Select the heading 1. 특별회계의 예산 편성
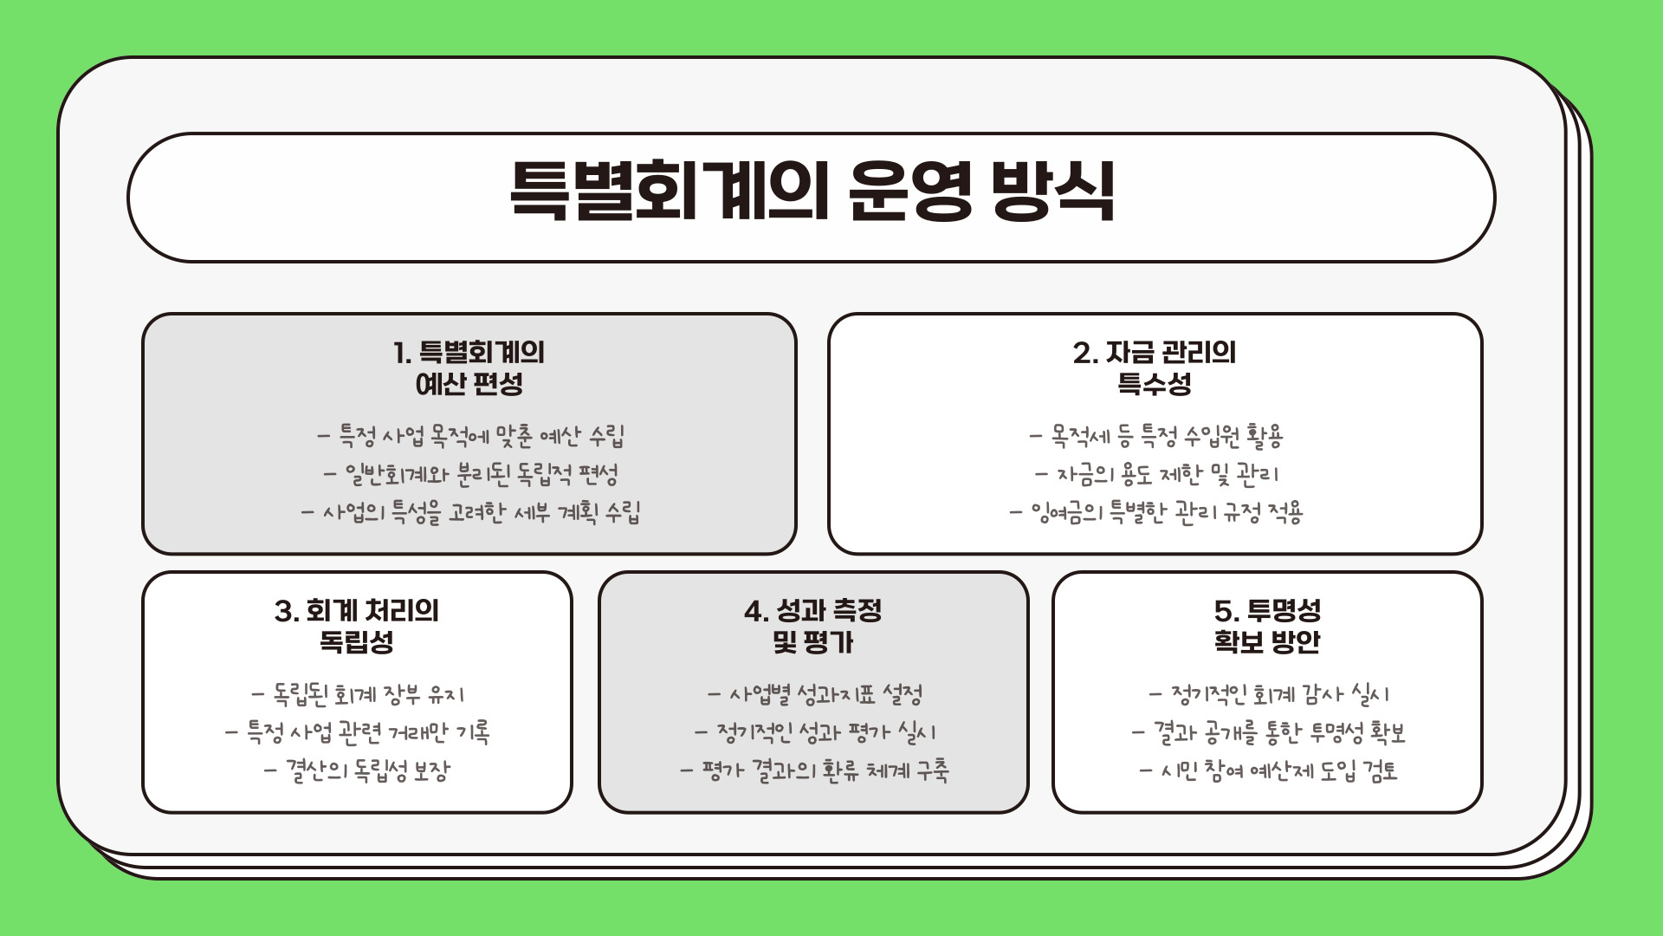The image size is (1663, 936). click(469, 368)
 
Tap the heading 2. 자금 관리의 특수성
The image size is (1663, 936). click(1155, 368)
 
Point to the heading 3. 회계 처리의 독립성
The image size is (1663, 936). click(357, 627)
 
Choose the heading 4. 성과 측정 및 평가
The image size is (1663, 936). click(812, 627)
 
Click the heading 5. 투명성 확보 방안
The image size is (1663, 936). click(1267, 627)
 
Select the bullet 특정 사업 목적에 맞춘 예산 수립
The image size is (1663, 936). click(470, 436)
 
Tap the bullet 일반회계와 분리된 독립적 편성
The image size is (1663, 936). click(470, 474)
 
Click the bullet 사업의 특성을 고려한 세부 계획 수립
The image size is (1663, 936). click(470, 512)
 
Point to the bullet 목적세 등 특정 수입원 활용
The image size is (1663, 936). click(1155, 436)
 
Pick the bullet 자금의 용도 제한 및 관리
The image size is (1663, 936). click(1155, 474)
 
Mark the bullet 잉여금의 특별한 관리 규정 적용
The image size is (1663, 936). click(1155, 512)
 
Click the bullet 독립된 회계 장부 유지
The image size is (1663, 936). click(358, 694)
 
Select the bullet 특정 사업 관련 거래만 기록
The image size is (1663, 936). click(358, 732)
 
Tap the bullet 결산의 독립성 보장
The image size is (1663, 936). click(358, 770)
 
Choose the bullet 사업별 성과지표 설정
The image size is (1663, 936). click(814, 694)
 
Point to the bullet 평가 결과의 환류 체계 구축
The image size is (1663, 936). click(814, 770)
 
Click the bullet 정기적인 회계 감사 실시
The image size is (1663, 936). click(1269, 694)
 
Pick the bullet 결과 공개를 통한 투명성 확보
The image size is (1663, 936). click(1269, 732)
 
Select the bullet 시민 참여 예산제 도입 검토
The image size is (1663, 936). click(1269, 770)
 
